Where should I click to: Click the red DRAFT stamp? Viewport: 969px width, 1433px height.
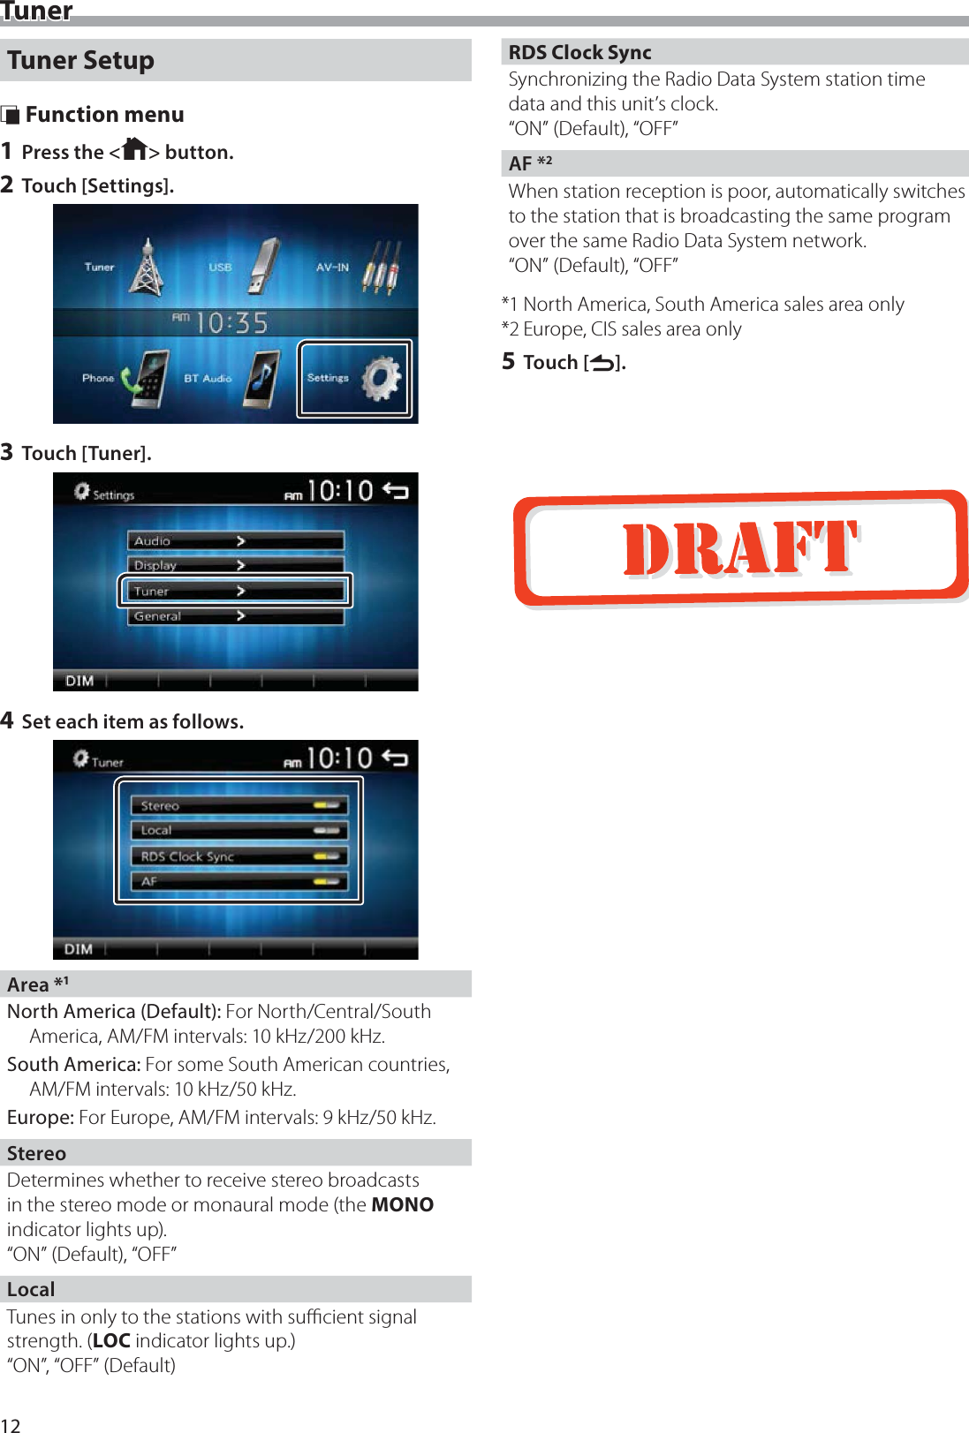pyautogui.click(x=740, y=547)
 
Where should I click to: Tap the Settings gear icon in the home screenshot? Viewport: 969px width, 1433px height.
pyautogui.click(x=382, y=379)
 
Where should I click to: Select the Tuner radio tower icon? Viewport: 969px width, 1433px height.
pyautogui.click(x=147, y=267)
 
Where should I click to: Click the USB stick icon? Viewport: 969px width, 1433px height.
pyautogui.click(x=262, y=267)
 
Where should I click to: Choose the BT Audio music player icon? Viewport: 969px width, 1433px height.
pyautogui.click(x=262, y=379)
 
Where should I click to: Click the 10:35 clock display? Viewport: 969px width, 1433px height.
pyautogui.click(x=231, y=323)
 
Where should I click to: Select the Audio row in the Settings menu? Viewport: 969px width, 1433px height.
pyautogui.click(x=236, y=540)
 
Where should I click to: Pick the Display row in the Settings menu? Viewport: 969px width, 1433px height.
pyautogui.click(x=236, y=565)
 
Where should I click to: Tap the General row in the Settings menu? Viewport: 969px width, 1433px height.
pyautogui.click(x=236, y=616)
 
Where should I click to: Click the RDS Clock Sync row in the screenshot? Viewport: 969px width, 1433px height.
pyautogui.click(x=239, y=856)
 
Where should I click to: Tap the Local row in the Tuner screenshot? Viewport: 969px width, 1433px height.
pyautogui.click(x=239, y=830)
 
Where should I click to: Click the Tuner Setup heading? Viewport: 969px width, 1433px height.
pyautogui.click(x=81, y=60)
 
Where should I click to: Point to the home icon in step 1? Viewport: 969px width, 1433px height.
pyautogui.click(x=134, y=149)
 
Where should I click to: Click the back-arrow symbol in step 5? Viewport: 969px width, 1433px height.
pyautogui.click(x=602, y=362)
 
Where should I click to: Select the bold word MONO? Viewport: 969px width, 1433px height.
pyautogui.click(x=402, y=1204)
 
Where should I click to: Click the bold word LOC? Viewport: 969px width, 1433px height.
pyautogui.click(x=111, y=1340)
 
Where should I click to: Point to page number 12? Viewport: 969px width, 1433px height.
pyautogui.click(x=11, y=1424)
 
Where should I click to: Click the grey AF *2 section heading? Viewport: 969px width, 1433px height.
pyautogui.click(x=530, y=163)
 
